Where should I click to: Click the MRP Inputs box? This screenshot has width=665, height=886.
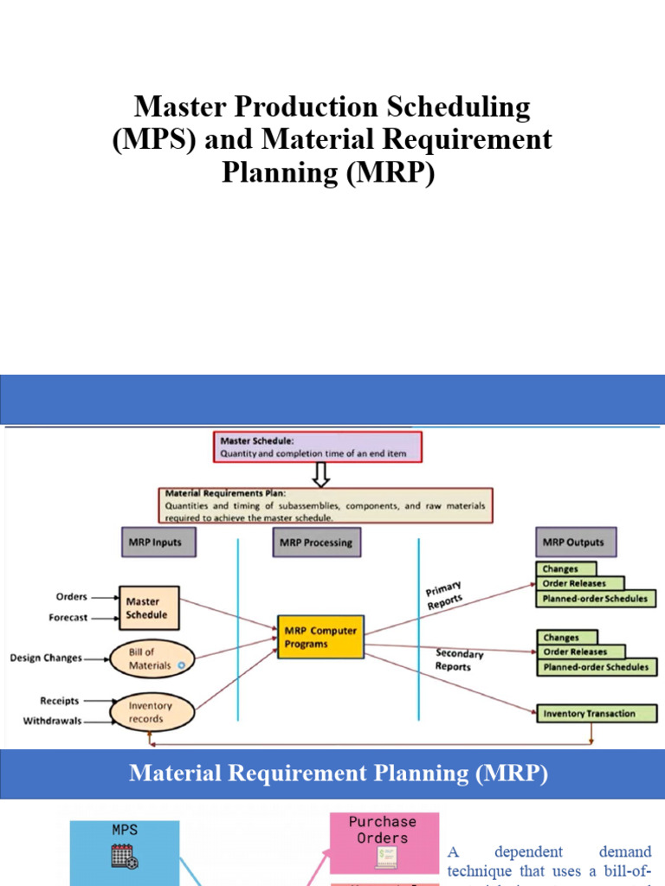click(x=157, y=543)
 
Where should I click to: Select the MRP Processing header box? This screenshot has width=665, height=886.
click(x=316, y=543)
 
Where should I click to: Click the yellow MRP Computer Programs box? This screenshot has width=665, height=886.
click(x=320, y=637)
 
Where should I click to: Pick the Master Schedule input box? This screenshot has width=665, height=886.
click(x=148, y=607)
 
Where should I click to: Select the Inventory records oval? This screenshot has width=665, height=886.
click(x=152, y=712)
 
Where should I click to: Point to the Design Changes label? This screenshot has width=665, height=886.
click(x=46, y=658)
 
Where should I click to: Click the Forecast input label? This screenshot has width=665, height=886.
click(x=68, y=618)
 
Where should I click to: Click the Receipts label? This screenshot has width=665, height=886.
click(x=60, y=701)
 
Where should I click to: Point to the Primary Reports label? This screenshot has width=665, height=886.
click(x=444, y=597)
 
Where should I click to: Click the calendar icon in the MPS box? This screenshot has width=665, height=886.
click(x=125, y=857)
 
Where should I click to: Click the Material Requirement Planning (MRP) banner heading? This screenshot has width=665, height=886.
click(x=339, y=774)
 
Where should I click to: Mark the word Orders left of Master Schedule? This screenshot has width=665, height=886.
click(x=71, y=596)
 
